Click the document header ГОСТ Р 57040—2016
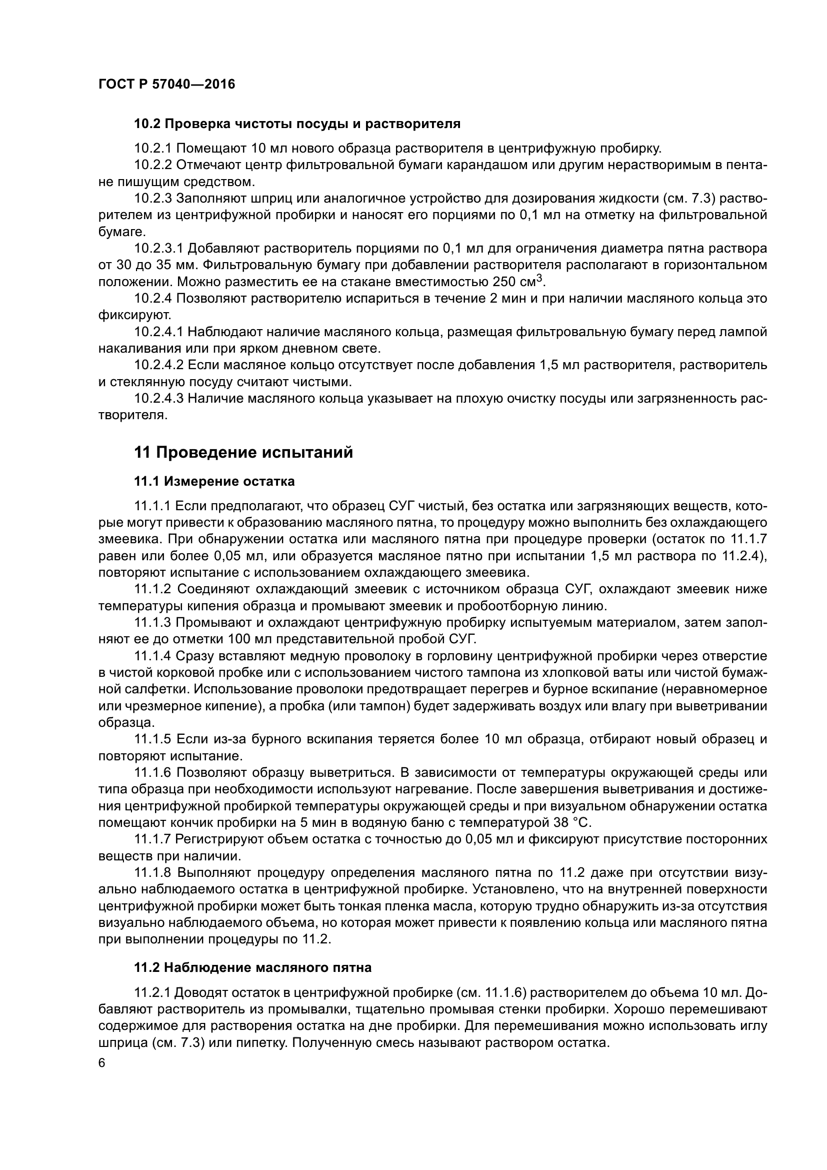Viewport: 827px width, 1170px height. tap(166, 85)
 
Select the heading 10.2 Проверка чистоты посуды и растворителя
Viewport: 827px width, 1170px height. tap(297, 124)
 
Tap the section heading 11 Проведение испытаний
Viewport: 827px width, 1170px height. tap(243, 452)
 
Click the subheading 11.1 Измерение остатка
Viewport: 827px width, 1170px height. tap(214, 481)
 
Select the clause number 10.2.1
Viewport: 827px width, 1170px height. tap(153, 149)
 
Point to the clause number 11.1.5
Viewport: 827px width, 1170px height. tap(153, 739)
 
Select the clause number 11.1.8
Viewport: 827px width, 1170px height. tap(153, 872)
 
